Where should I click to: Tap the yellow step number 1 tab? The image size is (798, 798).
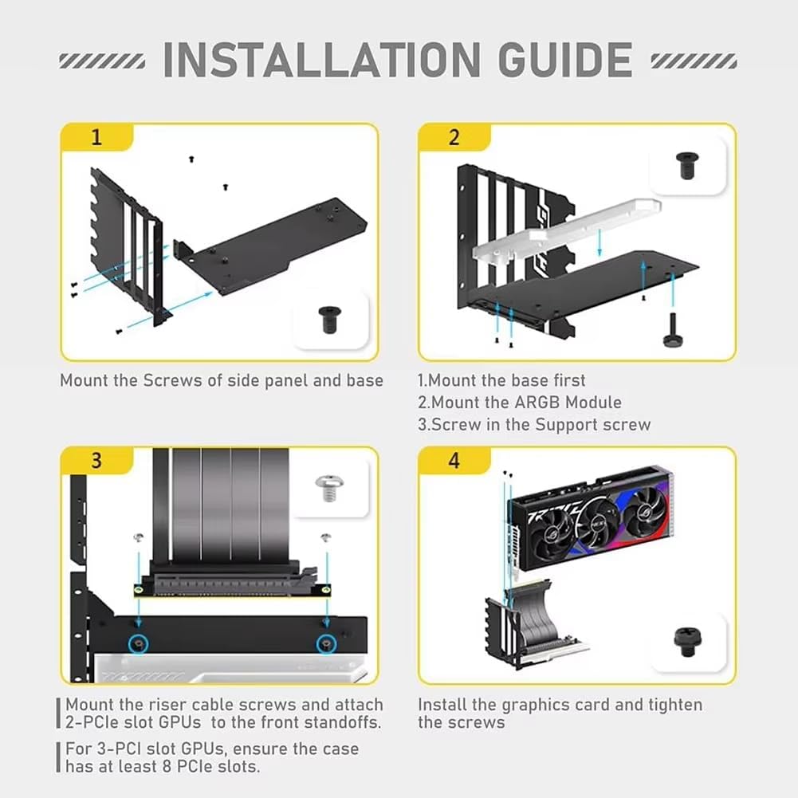coord(96,137)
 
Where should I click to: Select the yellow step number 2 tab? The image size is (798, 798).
coord(454,137)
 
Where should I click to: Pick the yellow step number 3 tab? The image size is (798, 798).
coord(96,461)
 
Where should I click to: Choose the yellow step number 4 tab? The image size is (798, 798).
coord(454,461)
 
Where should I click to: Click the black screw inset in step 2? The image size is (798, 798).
coord(685,166)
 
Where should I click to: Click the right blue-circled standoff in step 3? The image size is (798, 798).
coord(325,643)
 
